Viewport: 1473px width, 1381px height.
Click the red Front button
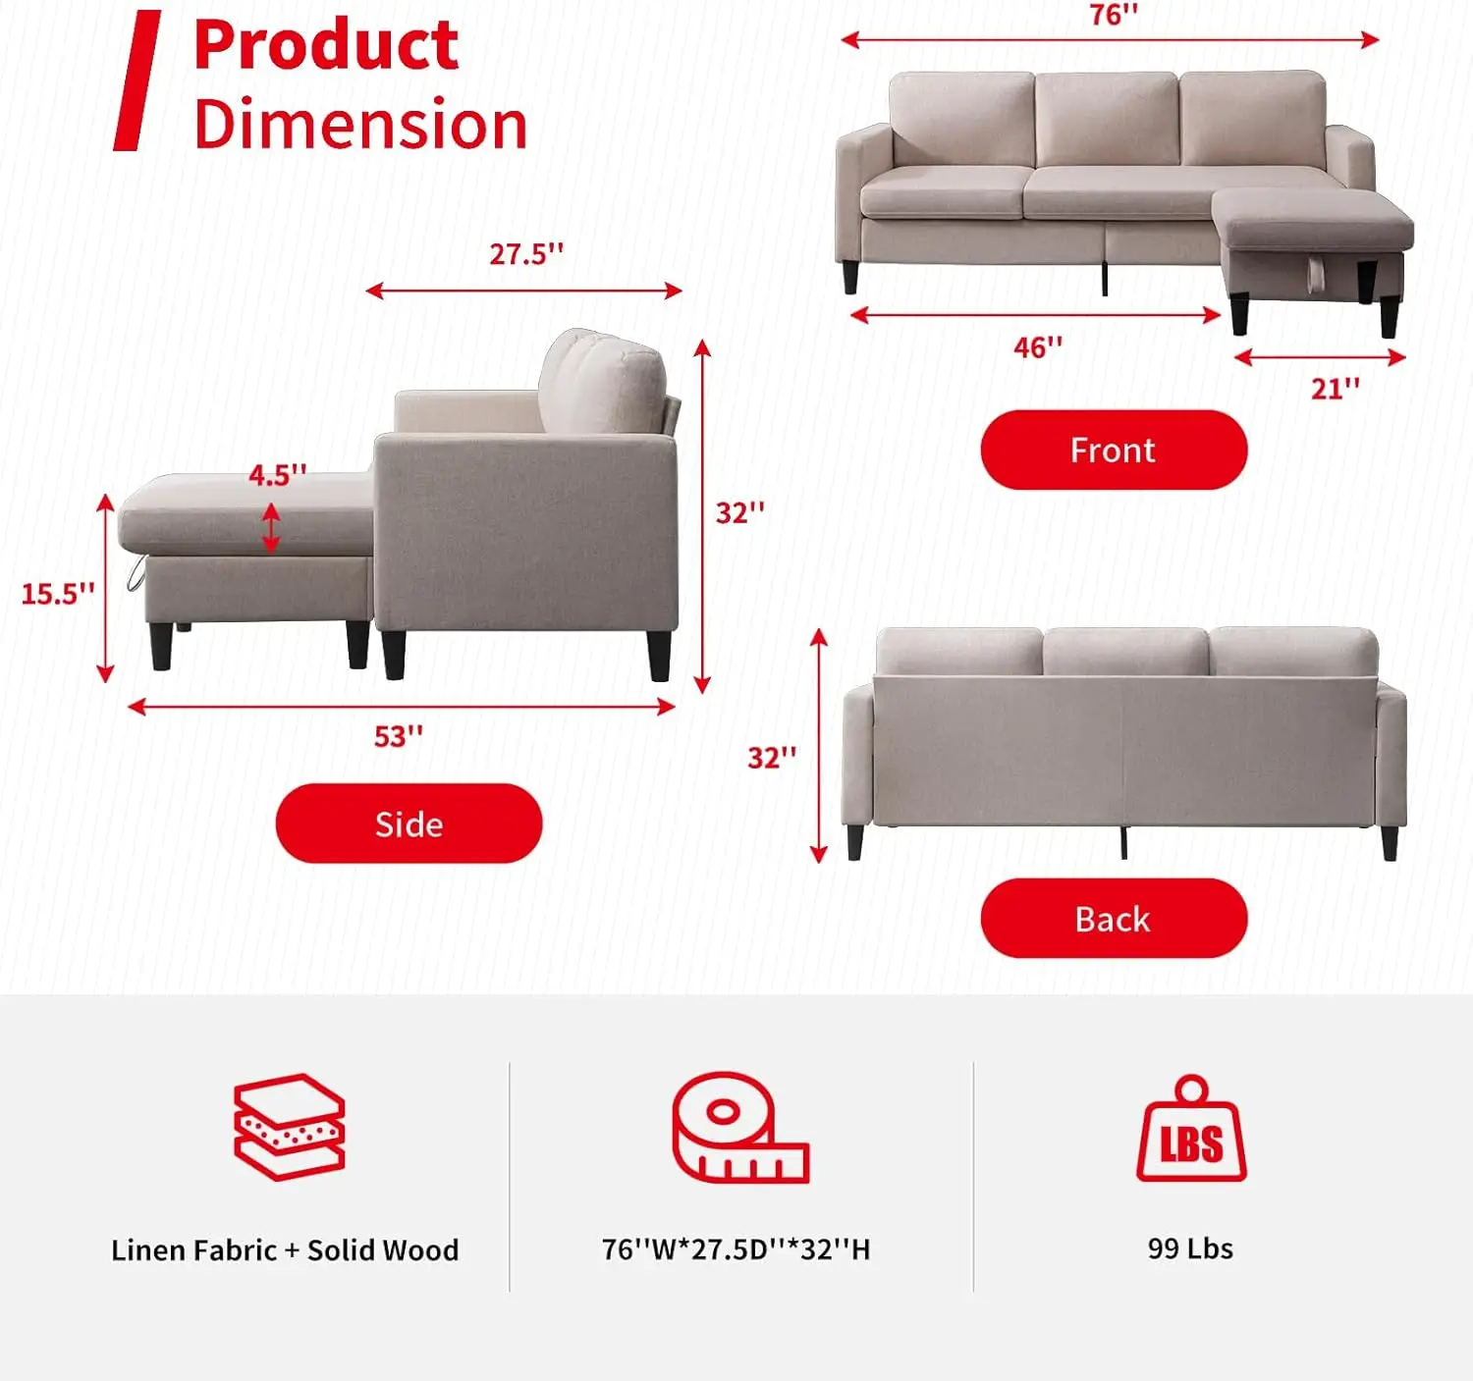coord(1114,450)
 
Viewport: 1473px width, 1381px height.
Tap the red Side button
coord(409,823)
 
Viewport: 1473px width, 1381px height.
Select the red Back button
coord(1114,918)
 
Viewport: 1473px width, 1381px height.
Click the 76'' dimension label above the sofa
coord(1114,15)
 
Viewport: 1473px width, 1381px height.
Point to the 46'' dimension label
coord(1038,347)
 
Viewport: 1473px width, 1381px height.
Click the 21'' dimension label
coord(1336,388)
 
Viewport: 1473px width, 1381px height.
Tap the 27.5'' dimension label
coord(526,253)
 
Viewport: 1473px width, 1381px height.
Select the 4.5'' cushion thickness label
coord(277,475)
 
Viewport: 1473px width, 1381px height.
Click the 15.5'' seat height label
coord(58,594)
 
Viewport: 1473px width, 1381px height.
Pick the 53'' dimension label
coord(399,736)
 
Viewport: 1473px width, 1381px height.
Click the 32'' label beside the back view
coord(772,758)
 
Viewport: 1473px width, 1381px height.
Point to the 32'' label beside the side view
coord(740,512)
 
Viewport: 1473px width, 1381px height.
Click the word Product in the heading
coord(326,45)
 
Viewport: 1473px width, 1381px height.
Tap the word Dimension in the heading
coord(360,124)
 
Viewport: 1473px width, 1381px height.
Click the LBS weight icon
coord(1191,1128)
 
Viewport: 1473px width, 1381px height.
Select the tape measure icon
coord(740,1128)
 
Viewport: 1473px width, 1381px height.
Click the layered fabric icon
coord(290,1127)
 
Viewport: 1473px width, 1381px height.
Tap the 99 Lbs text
coord(1190,1248)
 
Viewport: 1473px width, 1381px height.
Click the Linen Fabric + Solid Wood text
coord(285,1250)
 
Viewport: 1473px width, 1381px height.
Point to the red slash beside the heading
coord(137,80)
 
